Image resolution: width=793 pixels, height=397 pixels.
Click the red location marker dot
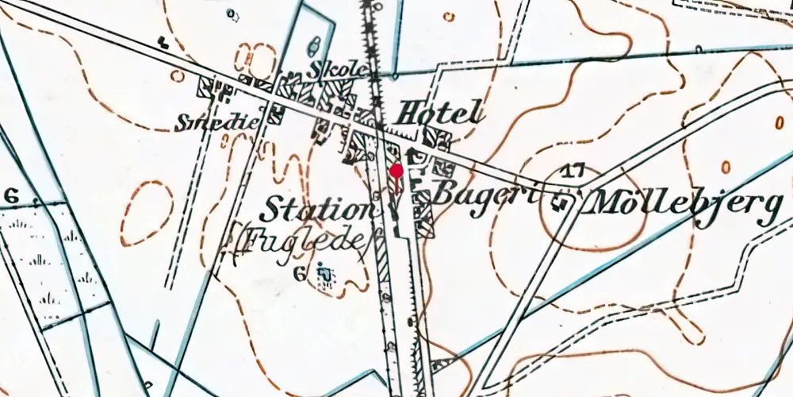tap(396, 170)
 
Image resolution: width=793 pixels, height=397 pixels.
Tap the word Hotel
tap(440, 113)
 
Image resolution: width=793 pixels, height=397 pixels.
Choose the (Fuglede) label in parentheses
tap(301, 242)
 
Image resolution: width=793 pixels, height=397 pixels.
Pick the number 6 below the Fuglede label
tap(299, 275)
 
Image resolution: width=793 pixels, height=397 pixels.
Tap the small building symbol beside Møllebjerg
tap(565, 203)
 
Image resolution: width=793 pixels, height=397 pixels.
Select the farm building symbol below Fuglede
tap(324, 274)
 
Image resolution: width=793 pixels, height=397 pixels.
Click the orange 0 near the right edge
tap(726, 167)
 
